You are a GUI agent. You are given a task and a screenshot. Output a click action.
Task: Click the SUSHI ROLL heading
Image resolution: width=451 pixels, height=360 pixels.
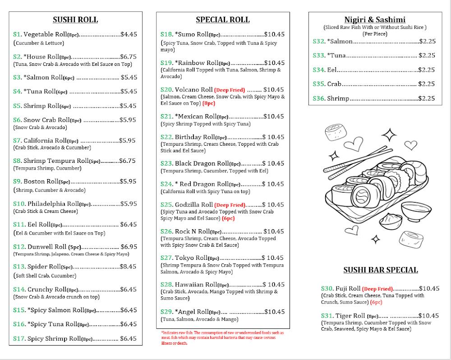(75, 20)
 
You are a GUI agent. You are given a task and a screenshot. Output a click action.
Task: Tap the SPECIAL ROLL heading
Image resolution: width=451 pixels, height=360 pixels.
(222, 20)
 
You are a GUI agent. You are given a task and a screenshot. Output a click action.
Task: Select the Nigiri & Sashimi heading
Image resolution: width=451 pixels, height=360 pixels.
(375, 20)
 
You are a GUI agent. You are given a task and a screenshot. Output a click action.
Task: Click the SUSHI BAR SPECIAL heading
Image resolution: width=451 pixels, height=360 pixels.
(381, 270)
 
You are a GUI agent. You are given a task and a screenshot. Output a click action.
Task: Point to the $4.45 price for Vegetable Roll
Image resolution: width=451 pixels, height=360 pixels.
(129, 34)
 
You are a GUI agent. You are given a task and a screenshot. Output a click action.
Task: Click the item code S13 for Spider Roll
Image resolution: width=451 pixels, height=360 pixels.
(19, 267)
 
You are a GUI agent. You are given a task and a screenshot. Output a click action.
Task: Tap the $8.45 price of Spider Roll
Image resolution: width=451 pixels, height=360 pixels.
(128, 267)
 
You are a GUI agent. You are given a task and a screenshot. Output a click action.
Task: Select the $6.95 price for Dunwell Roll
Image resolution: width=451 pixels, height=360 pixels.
(129, 247)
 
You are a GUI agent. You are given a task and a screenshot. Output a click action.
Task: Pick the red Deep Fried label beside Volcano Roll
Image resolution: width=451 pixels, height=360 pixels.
(230, 90)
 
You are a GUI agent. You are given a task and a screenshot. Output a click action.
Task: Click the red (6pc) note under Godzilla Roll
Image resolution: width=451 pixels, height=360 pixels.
(228, 218)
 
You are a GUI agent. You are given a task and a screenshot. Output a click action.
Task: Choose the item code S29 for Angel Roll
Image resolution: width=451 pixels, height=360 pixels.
(167, 312)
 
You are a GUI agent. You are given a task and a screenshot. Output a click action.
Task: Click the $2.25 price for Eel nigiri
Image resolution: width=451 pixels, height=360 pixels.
(427, 70)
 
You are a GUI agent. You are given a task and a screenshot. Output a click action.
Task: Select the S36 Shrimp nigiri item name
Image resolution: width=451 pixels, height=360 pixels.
(338, 98)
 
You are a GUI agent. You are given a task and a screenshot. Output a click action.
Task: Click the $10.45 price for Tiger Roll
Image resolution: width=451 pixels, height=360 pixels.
(429, 316)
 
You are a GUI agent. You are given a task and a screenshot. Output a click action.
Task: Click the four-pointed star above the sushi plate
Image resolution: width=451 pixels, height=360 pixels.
(389, 135)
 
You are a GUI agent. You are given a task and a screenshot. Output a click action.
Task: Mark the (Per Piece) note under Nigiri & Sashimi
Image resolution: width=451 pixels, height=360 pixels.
(375, 34)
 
